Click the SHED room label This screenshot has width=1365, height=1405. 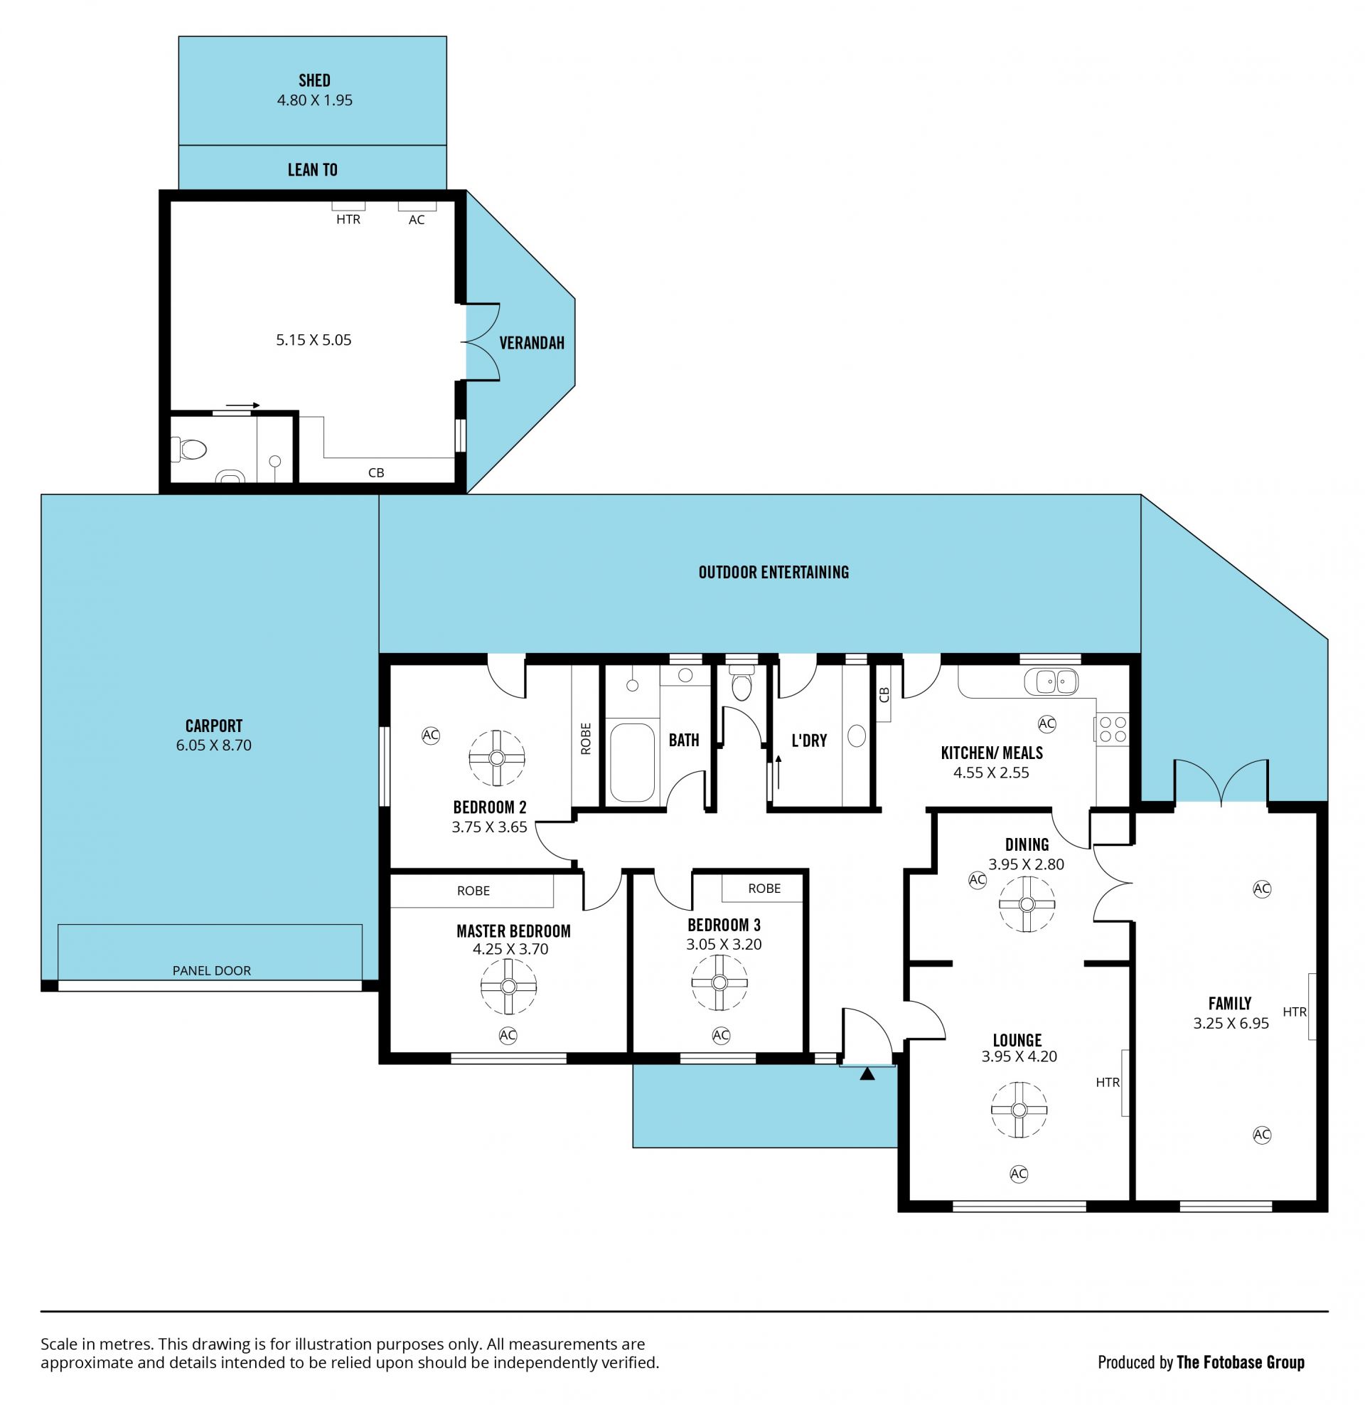(314, 80)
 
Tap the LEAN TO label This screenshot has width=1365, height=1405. (313, 170)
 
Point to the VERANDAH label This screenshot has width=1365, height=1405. (532, 343)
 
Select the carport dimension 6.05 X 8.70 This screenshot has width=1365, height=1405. (214, 745)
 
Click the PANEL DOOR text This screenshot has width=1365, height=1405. (211, 970)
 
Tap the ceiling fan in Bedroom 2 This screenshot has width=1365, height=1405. (497, 758)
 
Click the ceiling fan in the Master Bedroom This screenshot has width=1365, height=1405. (509, 986)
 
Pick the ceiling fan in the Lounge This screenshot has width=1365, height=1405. (1019, 1110)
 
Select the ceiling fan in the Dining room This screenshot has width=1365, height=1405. (1027, 904)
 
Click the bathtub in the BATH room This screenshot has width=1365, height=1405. (631, 762)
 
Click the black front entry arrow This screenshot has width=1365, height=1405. (867, 1073)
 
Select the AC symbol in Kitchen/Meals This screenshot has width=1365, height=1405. (1046, 723)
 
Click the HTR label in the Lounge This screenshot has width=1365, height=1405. (1108, 1082)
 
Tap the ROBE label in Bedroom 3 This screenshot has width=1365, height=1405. (764, 889)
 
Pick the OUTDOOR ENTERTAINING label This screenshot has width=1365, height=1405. (773, 573)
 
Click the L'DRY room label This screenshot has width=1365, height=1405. (809, 740)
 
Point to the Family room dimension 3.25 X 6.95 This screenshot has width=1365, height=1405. (1231, 1024)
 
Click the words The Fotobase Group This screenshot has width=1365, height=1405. (1241, 1363)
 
